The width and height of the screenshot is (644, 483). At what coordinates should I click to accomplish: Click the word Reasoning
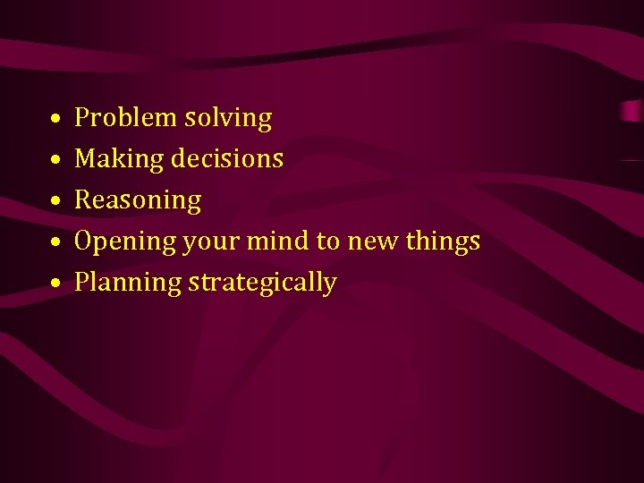[x=138, y=200]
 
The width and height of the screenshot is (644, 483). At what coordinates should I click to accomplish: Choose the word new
[x=372, y=241]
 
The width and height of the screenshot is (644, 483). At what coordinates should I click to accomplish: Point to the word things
[x=443, y=241]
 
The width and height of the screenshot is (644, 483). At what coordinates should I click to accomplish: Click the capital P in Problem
[x=82, y=117]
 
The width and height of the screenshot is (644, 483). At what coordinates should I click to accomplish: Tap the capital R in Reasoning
[x=82, y=199]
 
